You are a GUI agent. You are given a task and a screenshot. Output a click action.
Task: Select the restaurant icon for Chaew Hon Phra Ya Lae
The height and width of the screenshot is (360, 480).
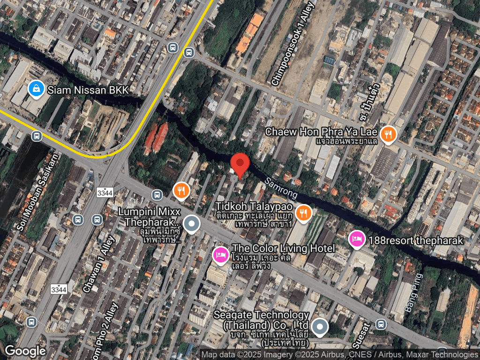pyautogui.click(x=388, y=135)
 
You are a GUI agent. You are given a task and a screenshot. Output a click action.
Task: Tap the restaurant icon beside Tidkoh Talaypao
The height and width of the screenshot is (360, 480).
pyautogui.click(x=304, y=212)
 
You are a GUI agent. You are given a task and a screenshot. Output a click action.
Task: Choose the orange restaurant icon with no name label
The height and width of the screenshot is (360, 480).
pyautogui.click(x=181, y=190)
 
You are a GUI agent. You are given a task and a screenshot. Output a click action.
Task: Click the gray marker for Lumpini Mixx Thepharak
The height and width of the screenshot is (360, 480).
pyautogui.click(x=191, y=224)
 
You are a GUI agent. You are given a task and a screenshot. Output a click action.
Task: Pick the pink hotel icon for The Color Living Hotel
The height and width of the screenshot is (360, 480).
pyautogui.click(x=221, y=255)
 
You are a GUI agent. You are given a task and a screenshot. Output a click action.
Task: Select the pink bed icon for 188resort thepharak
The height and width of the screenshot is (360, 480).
pyautogui.click(x=357, y=240)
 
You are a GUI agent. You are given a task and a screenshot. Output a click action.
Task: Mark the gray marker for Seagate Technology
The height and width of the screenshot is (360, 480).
pyautogui.click(x=320, y=327)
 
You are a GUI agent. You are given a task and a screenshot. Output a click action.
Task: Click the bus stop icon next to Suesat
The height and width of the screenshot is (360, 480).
pyautogui.click(x=381, y=324)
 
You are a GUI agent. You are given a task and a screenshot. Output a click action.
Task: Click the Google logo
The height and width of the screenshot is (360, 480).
pyautogui.click(x=25, y=351)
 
